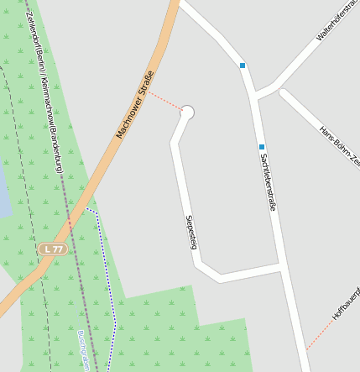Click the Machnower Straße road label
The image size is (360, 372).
(x=136, y=105)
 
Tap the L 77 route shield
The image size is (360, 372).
(x=53, y=249)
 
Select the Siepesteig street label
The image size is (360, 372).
(x=191, y=232)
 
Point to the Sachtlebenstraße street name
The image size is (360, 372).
(x=268, y=181)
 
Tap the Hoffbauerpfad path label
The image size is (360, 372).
(x=346, y=302)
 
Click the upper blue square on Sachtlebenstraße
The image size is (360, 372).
(x=243, y=65)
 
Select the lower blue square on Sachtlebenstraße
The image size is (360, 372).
(x=262, y=147)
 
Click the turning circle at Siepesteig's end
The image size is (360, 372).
(x=187, y=113)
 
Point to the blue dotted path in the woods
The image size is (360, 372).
(x=109, y=286)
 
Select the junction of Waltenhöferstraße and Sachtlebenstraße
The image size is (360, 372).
(x=254, y=94)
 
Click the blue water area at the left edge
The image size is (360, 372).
(x=3, y=189)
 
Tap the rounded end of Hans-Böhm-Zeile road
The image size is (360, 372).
(x=284, y=93)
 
